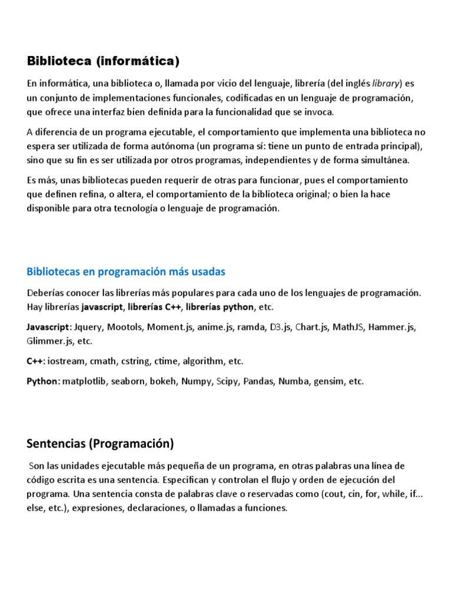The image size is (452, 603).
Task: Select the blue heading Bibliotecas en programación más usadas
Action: coord(126,271)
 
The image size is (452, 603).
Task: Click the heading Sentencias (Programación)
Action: coord(101,443)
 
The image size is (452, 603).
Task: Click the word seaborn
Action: coord(132,381)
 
